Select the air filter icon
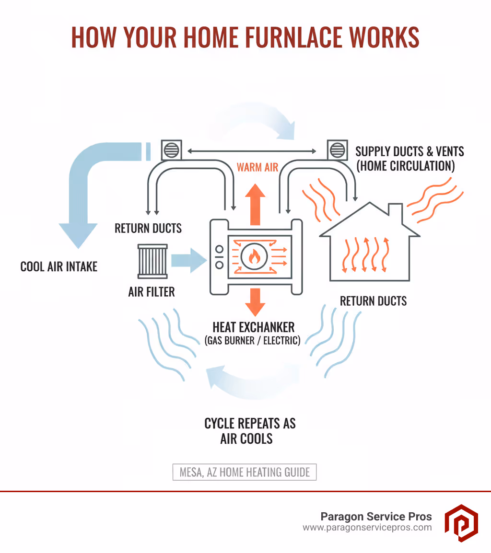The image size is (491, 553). coord(152,261)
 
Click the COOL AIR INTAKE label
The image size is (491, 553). coord(59,266)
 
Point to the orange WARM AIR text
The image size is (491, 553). coord(257,167)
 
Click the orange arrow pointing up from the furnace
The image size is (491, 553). coord(255,204)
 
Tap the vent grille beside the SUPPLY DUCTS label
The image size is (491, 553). coord(337,150)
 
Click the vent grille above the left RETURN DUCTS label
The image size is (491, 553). coord(171,150)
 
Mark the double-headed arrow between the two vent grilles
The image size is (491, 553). coord(252,151)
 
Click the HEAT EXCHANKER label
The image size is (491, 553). coord(254,327)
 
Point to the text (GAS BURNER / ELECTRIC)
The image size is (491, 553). coord(253,341)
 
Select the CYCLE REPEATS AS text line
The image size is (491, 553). coord(250,423)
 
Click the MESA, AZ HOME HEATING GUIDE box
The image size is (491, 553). coord(245,472)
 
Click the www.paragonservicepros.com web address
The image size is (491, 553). coord(367,528)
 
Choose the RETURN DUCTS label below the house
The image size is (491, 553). coord(373,301)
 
